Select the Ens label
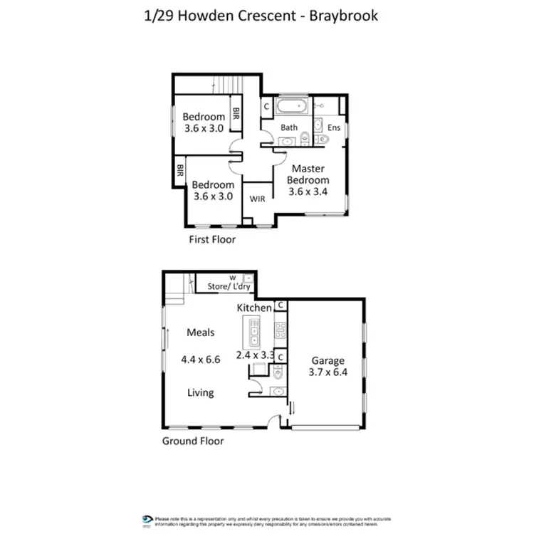click(x=334, y=128)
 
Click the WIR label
click(x=257, y=199)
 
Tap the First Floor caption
click(x=212, y=239)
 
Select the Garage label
click(x=328, y=360)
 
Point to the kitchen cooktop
click(x=280, y=330)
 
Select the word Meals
click(x=201, y=333)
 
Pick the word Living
click(x=201, y=392)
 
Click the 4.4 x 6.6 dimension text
click(x=201, y=360)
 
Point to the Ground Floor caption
click(x=193, y=441)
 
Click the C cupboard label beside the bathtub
click(x=266, y=107)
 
